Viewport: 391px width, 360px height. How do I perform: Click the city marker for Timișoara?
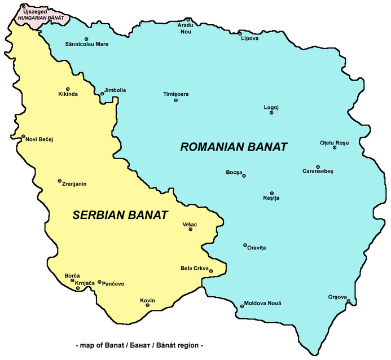pyautogui.click(x=176, y=100)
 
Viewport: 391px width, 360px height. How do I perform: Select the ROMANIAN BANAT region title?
pyautogui.click(x=234, y=147)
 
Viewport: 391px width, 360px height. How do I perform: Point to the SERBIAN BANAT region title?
pyautogui.click(x=120, y=215)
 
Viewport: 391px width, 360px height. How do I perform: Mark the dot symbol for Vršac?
pyautogui.click(x=191, y=229)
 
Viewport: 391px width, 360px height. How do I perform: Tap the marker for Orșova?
pyautogui.click(x=349, y=301)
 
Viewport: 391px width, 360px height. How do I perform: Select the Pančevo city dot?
pyautogui.click(x=99, y=282)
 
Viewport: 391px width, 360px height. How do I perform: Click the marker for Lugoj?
pyautogui.click(x=271, y=113)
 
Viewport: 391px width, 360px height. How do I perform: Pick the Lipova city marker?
pyautogui.click(x=240, y=33)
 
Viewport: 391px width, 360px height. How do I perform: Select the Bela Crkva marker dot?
pyautogui.click(x=211, y=271)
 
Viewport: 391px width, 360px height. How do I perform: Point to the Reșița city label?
pyautogui.click(x=271, y=198)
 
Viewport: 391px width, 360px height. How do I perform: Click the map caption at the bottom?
pyautogui.click(x=139, y=345)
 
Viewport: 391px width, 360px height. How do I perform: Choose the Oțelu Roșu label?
pyautogui.click(x=335, y=142)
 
